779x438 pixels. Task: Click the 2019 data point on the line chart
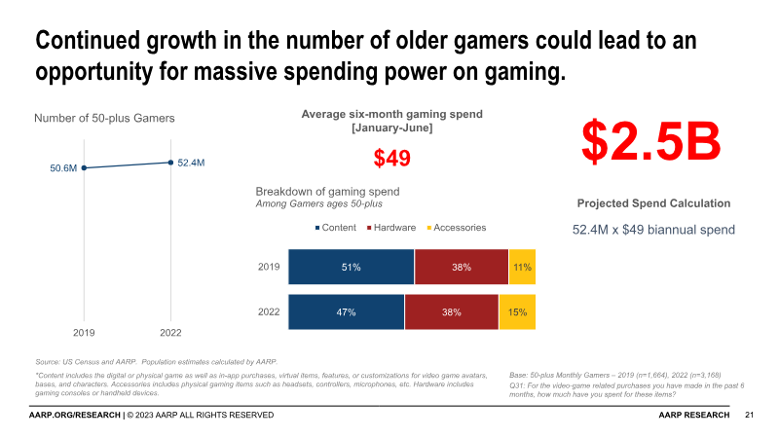click(x=84, y=167)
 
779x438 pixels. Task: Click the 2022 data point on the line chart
click(x=170, y=163)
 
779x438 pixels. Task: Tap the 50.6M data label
click(x=63, y=168)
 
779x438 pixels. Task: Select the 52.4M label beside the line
click(x=191, y=163)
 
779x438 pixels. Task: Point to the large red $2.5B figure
click(x=651, y=142)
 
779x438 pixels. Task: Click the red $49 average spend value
click(x=392, y=158)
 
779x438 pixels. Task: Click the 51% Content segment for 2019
click(x=351, y=267)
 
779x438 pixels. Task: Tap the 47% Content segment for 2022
click(x=346, y=312)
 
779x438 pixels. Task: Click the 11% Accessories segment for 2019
click(x=522, y=267)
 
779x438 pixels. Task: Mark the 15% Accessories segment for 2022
click(x=517, y=312)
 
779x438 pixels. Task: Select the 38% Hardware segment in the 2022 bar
click(x=452, y=312)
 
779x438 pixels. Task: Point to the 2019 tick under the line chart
click(x=84, y=332)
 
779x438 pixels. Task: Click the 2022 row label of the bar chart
click(x=270, y=312)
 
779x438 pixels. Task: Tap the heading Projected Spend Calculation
click(x=653, y=203)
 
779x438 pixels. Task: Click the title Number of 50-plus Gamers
click(x=104, y=119)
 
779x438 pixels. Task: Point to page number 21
click(x=749, y=415)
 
